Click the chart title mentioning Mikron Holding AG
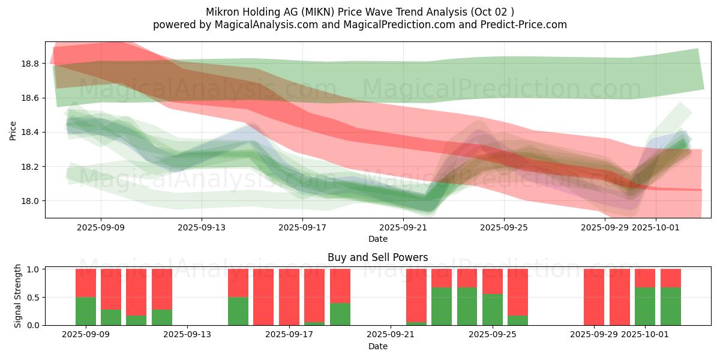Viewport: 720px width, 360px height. pos(359,12)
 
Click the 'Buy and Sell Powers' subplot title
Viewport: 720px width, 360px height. pos(377,257)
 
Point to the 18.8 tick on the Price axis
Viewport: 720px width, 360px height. pos(30,64)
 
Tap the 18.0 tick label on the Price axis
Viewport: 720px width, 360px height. pos(30,201)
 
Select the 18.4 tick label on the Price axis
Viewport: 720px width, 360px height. pos(30,132)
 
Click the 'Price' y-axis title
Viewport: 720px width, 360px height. pos(13,130)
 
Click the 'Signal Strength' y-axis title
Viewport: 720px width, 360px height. pos(18,296)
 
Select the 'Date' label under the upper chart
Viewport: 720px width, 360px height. pos(377,239)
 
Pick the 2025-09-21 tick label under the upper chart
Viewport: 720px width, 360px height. pos(403,227)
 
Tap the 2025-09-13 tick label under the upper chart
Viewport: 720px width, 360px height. pos(202,227)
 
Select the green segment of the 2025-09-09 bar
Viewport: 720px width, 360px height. pos(86,311)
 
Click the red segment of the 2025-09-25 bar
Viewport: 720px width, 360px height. pos(493,281)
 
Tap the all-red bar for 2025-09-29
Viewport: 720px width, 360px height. pos(594,297)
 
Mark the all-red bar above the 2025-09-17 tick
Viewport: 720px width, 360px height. pos(289,297)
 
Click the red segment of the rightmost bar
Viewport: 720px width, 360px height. pos(671,278)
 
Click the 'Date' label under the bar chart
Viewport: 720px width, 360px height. pos(377,346)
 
